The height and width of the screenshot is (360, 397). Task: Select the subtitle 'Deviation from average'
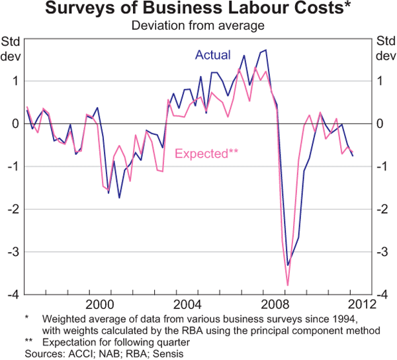(x=198, y=26)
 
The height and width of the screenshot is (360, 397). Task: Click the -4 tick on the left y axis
(x=14, y=294)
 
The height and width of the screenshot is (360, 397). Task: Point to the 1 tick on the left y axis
(x=16, y=81)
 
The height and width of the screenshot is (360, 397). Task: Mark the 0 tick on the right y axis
(x=383, y=124)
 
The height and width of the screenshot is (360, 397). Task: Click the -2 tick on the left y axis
(x=14, y=209)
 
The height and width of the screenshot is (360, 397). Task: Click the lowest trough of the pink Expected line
(x=288, y=285)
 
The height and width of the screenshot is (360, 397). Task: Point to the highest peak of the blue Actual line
(x=266, y=50)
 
